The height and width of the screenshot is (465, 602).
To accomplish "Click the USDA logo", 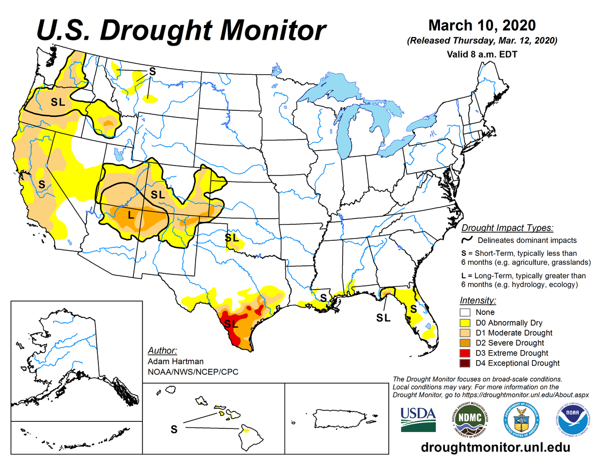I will [x=418, y=418].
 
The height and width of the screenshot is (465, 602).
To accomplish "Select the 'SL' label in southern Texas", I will [x=231, y=324].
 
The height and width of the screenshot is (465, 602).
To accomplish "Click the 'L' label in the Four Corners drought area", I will [x=130, y=216].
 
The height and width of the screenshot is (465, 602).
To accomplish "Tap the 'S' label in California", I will [x=42, y=184].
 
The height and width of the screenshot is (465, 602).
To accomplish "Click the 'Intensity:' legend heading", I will [x=478, y=300].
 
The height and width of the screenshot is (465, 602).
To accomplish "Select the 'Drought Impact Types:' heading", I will [x=507, y=228].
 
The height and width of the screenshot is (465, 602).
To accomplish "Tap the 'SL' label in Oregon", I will [x=58, y=102].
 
